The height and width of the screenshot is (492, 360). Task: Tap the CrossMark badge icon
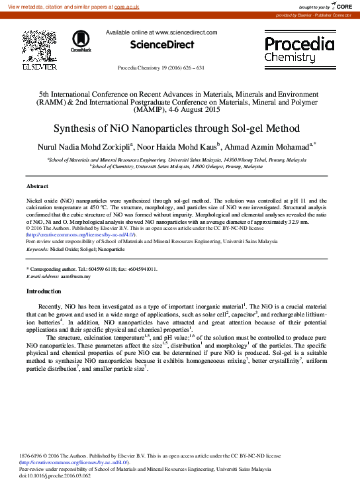[x=81, y=41]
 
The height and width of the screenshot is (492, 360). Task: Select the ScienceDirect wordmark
[x=161, y=45]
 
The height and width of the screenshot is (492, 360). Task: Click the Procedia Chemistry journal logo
[x=300, y=49]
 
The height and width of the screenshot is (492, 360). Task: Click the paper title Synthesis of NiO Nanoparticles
[x=179, y=128]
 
